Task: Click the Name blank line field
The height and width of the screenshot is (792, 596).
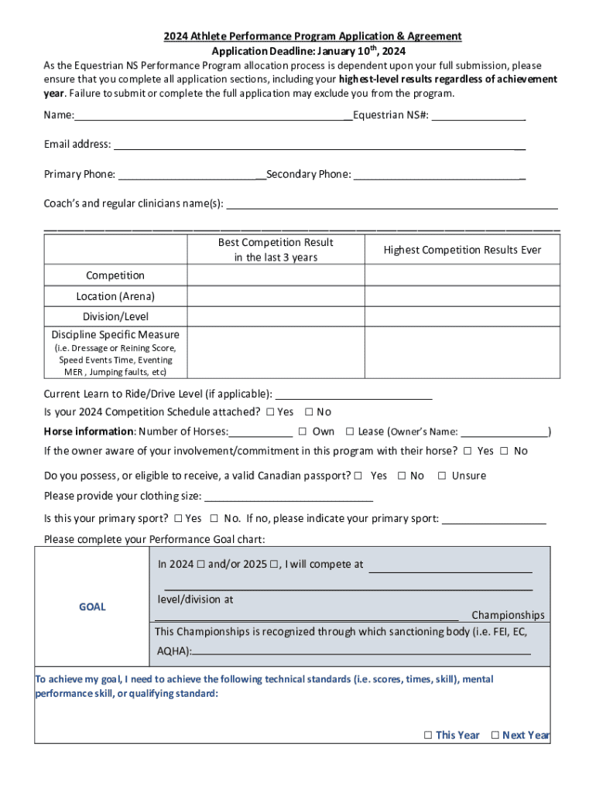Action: [x=213, y=117]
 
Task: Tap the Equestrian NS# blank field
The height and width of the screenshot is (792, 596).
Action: [x=479, y=117]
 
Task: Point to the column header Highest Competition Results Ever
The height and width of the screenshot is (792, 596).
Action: [x=462, y=250]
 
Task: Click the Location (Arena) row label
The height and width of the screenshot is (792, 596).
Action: [x=115, y=296]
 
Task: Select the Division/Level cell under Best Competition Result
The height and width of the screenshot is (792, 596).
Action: [x=276, y=316]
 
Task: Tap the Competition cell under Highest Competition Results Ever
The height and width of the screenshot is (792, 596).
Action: [x=462, y=275]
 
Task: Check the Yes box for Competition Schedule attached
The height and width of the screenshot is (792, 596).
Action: [x=269, y=412]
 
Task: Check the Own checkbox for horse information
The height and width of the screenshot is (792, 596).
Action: [x=303, y=432]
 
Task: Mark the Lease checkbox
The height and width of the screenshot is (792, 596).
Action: [x=350, y=432]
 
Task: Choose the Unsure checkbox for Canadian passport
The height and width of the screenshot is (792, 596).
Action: [x=442, y=476]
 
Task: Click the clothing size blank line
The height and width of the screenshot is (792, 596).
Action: [x=289, y=497]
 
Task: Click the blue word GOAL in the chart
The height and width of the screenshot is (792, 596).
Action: [x=92, y=607]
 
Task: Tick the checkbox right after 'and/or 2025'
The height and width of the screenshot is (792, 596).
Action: [x=273, y=565]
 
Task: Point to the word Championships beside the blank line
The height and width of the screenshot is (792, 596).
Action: [x=508, y=616]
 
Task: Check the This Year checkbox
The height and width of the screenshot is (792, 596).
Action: [x=427, y=736]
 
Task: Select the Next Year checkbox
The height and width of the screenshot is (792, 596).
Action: [x=495, y=736]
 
